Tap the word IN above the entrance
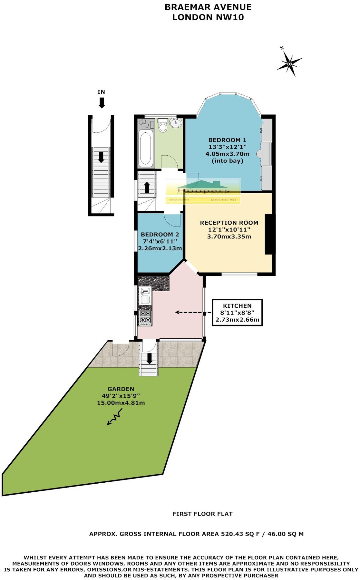pos(101,92)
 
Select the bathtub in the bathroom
pos(146,148)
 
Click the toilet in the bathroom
pos(163,126)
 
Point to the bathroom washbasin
pos(176,123)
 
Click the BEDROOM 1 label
pos(227,140)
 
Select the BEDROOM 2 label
pos(160,235)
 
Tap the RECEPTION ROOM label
pos(229,223)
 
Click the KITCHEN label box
pos(237,313)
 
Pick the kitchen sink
pos(145,295)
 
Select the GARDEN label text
pos(121,389)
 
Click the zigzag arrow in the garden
pos(115,417)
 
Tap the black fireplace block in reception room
pos(269,234)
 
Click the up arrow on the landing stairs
pos(147,187)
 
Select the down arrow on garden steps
pos(149,358)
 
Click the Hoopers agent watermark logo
pos(203,190)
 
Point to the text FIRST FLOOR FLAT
pos(202,514)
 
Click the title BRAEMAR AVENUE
pos(208,7)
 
